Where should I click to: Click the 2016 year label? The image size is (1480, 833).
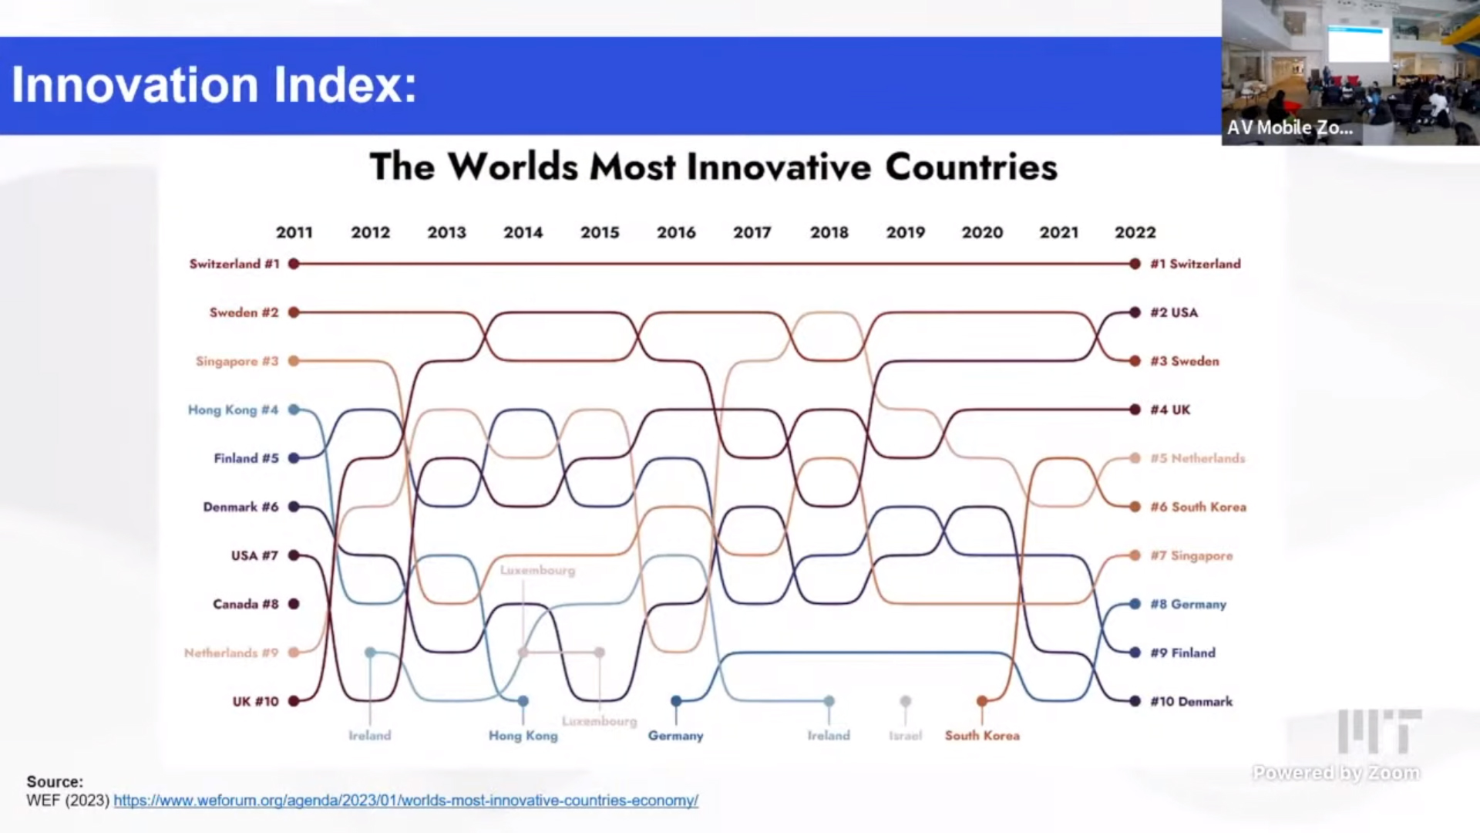coord(676,232)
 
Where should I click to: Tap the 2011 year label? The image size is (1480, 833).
coord(294,232)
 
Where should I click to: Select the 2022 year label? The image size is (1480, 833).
coord(1135,232)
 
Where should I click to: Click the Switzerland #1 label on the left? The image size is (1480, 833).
coord(234,264)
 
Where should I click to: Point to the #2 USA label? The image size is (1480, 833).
coord(1174,312)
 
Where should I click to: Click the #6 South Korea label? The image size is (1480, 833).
coord(1198,507)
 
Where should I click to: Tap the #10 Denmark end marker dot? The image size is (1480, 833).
coord(1135,701)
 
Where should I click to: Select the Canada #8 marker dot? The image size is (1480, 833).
coord(294,604)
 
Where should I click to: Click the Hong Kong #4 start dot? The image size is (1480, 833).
coord(294,410)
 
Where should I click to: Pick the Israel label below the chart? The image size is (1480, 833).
coord(905,736)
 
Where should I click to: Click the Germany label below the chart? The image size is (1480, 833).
coord(676,736)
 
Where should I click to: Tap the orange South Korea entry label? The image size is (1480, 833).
coord(982,736)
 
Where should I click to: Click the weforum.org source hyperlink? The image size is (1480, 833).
coord(405,801)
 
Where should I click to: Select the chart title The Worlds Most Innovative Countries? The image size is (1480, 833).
coord(713,167)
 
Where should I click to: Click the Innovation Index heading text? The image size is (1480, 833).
coord(214,85)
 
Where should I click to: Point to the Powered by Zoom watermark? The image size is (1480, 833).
coord(1336,772)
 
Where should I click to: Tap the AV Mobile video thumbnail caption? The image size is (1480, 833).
coord(1290,128)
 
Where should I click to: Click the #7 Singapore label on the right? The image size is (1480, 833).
coord(1192,555)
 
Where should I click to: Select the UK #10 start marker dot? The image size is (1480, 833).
coord(294,701)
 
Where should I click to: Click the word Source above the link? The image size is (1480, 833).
coord(54,781)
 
